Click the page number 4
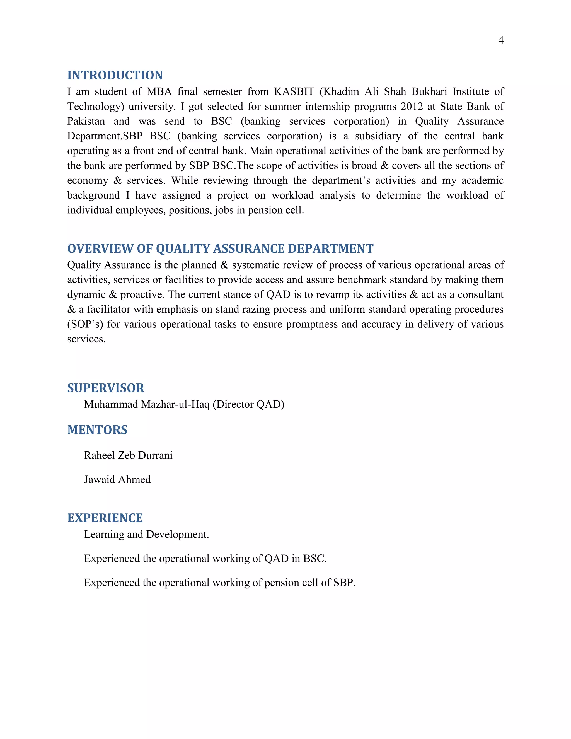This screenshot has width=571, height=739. click(x=501, y=40)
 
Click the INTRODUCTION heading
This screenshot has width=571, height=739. click(x=115, y=75)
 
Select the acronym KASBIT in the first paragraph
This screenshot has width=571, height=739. click(x=294, y=92)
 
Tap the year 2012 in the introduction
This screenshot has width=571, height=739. click(x=412, y=107)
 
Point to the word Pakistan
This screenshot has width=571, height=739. click(x=86, y=122)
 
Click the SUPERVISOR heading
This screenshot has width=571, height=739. click(x=106, y=388)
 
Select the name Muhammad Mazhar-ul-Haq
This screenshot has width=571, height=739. click(x=147, y=404)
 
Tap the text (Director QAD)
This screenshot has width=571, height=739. click(x=248, y=404)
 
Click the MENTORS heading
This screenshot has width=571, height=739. click(x=97, y=430)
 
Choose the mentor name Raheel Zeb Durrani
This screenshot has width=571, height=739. click(x=128, y=455)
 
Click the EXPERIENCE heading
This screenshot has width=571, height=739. click(x=105, y=518)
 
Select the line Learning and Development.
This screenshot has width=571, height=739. click(x=146, y=534)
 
